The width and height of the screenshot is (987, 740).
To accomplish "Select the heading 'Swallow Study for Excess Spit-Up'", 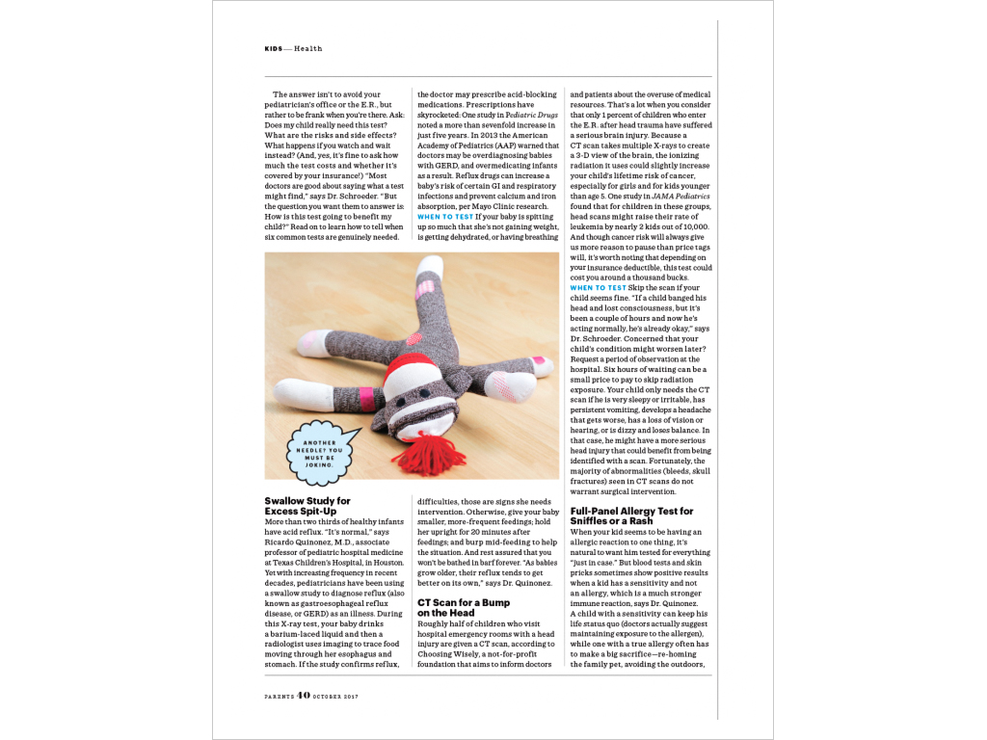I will [307, 506].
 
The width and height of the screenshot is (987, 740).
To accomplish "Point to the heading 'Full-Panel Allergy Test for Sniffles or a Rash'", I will [631, 515].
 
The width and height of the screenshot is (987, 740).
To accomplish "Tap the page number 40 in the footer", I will [304, 696].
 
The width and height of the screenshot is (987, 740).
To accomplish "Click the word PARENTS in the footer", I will [279, 697].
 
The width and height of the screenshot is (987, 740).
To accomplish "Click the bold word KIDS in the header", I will [274, 49].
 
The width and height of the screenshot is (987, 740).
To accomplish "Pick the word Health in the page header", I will [308, 49].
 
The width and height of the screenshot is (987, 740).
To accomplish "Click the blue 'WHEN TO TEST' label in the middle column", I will [444, 218].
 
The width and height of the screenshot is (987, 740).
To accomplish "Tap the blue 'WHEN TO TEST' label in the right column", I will [598, 288].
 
